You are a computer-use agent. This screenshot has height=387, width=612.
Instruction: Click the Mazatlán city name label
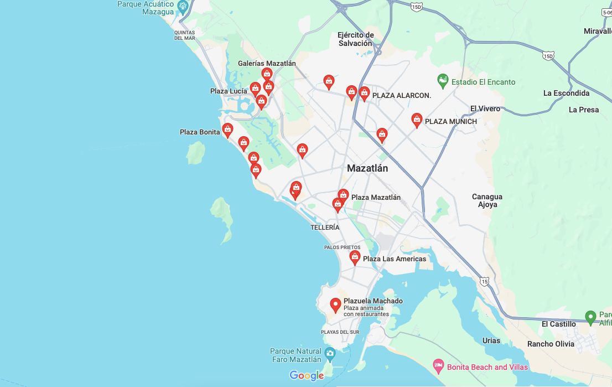[x=367, y=168]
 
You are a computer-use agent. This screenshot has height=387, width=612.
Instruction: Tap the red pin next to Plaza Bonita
[x=227, y=130]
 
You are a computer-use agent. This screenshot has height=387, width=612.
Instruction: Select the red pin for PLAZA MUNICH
[x=417, y=120]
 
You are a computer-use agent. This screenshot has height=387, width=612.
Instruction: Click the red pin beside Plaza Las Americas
[x=355, y=257]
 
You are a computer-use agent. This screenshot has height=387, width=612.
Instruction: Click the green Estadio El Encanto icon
[x=443, y=81]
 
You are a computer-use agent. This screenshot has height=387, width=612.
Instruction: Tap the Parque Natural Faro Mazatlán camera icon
[x=330, y=353]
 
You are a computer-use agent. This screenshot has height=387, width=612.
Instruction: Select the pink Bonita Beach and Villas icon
[x=438, y=366]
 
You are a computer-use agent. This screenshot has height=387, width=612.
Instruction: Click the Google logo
[x=307, y=376]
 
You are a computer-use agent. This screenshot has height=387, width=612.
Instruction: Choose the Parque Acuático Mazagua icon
[x=183, y=4]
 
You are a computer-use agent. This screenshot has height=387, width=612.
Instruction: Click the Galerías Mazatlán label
[x=267, y=63]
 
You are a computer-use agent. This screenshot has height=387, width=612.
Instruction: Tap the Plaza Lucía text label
[x=229, y=91]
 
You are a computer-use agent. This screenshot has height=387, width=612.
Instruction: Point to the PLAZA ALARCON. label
[x=401, y=96]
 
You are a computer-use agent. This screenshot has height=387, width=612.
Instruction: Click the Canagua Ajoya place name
[x=487, y=200]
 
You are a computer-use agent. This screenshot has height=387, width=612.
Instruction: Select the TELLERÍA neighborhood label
[x=325, y=228]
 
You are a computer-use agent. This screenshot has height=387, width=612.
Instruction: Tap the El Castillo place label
[x=558, y=324]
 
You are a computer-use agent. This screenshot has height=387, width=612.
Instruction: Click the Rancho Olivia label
[x=551, y=344]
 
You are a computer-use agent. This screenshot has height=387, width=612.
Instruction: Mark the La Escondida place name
[x=566, y=93]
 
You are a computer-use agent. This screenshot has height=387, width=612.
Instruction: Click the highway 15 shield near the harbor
[x=485, y=281]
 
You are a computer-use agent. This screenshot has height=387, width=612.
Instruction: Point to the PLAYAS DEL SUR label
[x=340, y=332]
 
